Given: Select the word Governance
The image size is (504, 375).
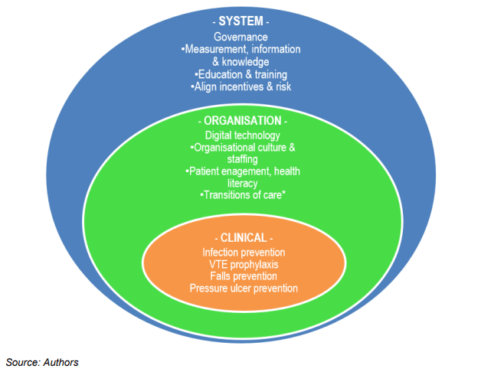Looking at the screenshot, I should coord(241,37).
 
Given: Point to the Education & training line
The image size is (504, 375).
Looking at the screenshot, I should coord(241,74).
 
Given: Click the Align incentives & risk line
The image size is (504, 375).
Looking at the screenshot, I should coord(241,86).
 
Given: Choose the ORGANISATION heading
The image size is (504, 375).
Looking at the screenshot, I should coord(241,121).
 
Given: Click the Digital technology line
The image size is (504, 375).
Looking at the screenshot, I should coord(241,135).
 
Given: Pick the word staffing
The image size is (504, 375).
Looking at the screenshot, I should coord(241,159).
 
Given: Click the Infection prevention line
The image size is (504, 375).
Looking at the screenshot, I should coord(244,252).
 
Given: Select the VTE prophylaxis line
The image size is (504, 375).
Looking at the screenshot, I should coord(244,264).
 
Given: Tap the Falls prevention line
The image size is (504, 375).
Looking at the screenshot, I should coord(244,276).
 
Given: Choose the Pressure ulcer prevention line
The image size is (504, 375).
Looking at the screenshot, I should coord(244,288).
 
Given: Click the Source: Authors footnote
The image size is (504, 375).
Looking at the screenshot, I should coord(43,361).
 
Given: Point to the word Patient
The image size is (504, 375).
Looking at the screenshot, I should coord(206,171).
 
